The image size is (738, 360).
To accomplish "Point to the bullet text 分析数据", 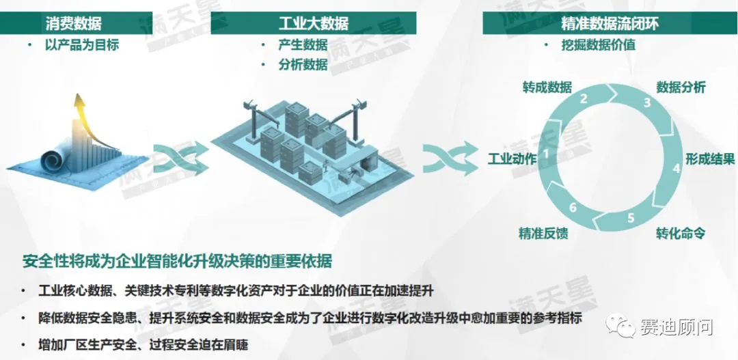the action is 303,65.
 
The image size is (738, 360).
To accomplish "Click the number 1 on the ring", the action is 545,153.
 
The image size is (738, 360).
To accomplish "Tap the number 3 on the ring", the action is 646,103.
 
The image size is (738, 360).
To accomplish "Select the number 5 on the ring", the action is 631,219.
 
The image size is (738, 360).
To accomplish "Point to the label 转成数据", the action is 547,87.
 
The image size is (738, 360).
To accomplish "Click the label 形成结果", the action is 710,159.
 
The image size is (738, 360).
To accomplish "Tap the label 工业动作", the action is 512,159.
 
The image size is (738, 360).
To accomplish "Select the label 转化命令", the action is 680,234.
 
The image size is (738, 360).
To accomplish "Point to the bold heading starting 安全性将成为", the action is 177,262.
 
